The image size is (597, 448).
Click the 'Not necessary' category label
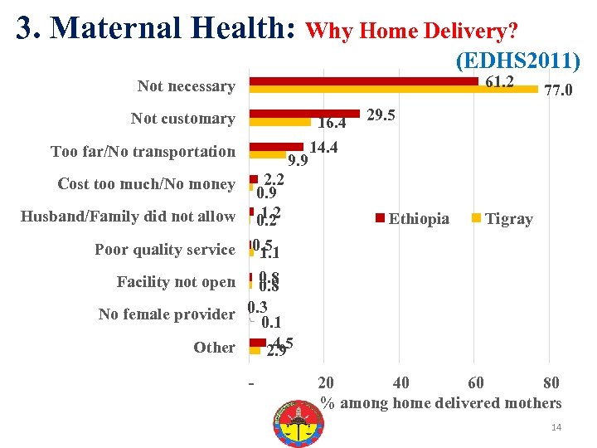tap(186, 86)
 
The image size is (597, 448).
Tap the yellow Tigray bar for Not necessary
tap(393, 90)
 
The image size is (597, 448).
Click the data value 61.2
tap(499, 81)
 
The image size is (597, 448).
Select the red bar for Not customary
tap(303, 114)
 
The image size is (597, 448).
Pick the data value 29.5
tap(381, 115)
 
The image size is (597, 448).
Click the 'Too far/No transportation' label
tap(143, 151)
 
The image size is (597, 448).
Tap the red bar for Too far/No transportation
tap(276, 146)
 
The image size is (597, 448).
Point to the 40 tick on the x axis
tap(400, 382)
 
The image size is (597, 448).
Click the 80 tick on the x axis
tap(551, 382)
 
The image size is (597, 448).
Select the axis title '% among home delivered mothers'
tap(440, 403)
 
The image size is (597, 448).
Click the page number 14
tap(556, 427)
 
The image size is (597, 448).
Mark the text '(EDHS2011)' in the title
tap(517, 61)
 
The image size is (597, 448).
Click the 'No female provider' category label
tap(166, 314)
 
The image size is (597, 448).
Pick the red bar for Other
tap(258, 342)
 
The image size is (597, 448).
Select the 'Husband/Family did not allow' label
tap(128, 217)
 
